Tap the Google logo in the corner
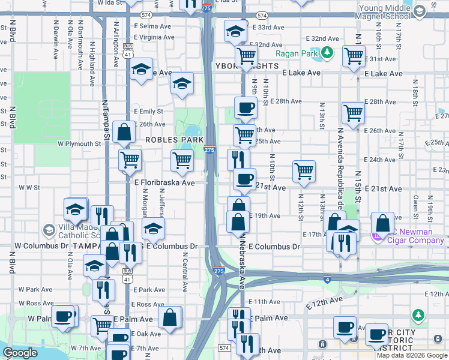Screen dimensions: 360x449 [x=20, y=353]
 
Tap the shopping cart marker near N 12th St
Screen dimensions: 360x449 [x=304, y=171]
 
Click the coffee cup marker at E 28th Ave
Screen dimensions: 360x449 [x=245, y=108]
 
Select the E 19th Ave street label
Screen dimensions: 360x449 [x=265, y=215]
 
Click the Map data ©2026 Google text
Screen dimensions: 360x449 [x=412, y=355]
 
